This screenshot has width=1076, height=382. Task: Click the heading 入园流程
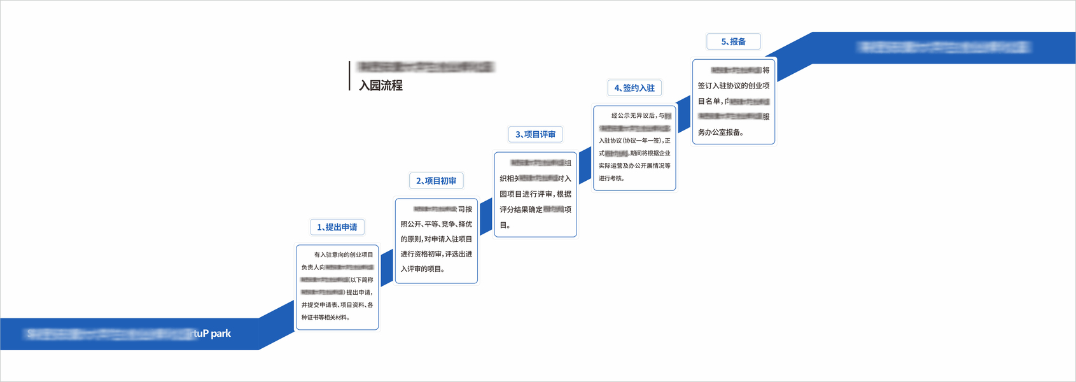coord(381,85)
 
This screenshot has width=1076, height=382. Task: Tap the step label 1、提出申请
coord(337,227)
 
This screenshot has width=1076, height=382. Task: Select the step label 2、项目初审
coord(436,181)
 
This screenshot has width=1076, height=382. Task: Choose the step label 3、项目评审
coord(535,134)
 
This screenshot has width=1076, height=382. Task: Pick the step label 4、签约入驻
coord(634,88)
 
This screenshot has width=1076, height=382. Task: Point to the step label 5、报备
coord(733,41)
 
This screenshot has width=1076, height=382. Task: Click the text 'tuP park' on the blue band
coord(213,334)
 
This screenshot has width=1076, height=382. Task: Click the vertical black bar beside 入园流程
coord(349,76)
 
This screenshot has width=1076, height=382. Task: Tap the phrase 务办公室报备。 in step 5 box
coord(720,132)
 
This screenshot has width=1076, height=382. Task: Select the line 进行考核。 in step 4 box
coord(611,178)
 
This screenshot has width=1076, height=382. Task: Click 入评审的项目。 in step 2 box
coord(423,269)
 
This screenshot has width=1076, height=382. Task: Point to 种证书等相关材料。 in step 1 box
coord(326,318)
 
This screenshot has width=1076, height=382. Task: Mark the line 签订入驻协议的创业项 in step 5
coord(733,86)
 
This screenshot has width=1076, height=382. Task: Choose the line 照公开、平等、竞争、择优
coord(436,224)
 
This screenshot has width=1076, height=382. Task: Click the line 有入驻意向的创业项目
coord(344,255)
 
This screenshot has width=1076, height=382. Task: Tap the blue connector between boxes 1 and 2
coord(387,267)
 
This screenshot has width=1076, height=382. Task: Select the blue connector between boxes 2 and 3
coord(486,216)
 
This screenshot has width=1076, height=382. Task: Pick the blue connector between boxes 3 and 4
coord(585,166)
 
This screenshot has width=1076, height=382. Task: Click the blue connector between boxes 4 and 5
coord(684,115)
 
